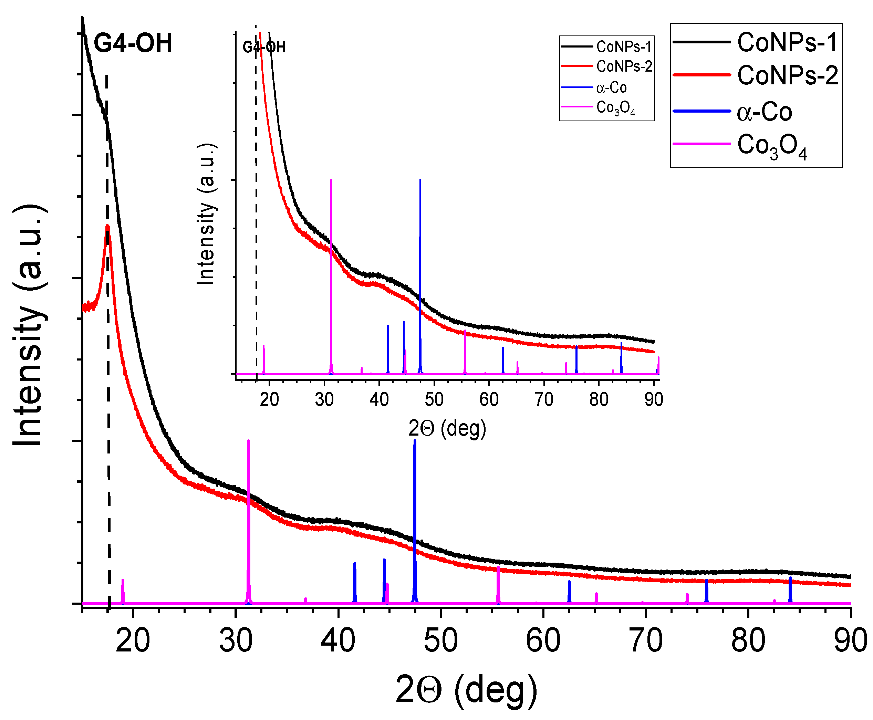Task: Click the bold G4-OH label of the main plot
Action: [133, 43]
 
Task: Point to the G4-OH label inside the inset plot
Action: [264, 47]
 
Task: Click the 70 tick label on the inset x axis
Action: [544, 399]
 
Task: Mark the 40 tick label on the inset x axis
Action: [379, 399]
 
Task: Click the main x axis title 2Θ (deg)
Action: [466, 690]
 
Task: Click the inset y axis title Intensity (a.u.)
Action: [206, 215]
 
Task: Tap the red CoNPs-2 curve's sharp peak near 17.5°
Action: [107, 227]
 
